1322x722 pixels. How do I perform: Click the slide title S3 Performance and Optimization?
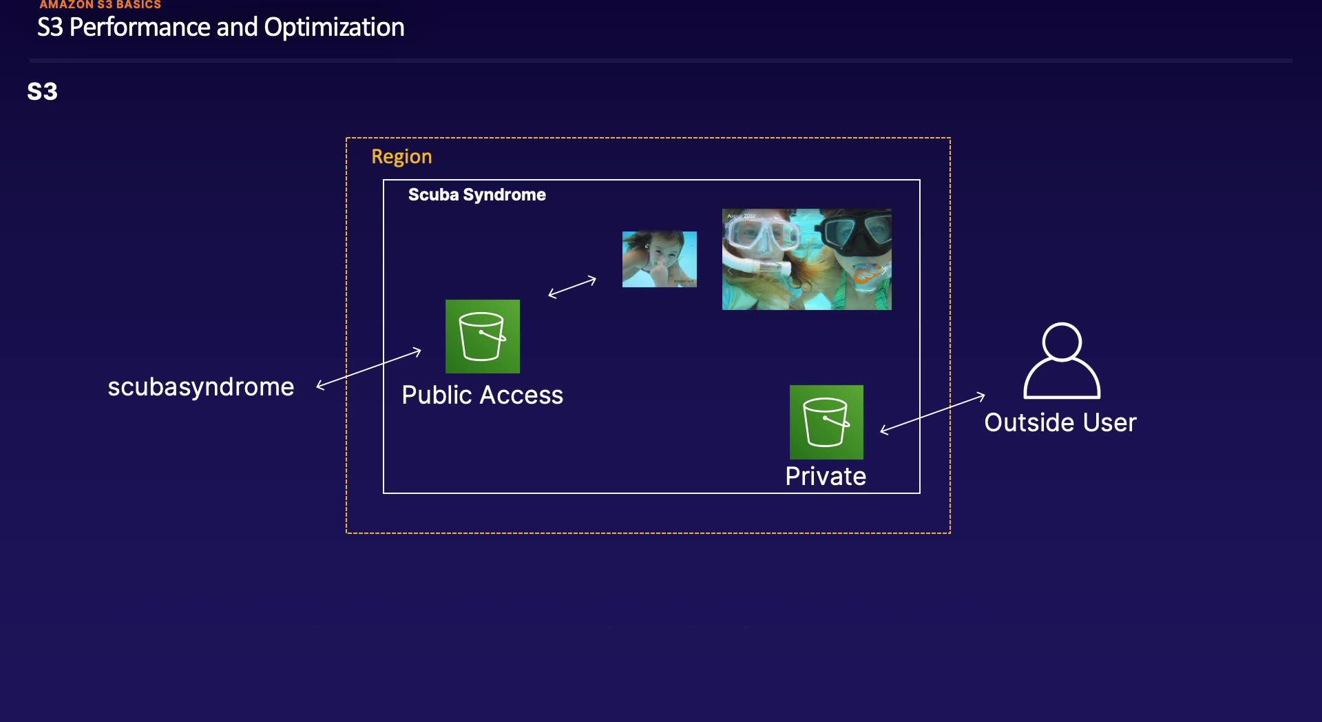tap(220, 28)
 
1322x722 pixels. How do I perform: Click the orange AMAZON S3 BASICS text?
tap(100, 5)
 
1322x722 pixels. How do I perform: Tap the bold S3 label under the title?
tap(42, 92)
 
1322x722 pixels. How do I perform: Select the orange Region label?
tap(401, 156)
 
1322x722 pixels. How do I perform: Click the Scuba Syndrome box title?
tap(476, 194)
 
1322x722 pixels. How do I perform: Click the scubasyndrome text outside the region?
tap(200, 386)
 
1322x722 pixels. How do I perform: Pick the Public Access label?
tap(482, 395)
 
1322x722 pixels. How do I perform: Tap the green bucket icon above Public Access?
tap(482, 336)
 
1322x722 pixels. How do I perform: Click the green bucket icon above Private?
tap(826, 422)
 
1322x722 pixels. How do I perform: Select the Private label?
tap(826, 476)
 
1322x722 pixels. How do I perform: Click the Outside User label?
tap(1060, 422)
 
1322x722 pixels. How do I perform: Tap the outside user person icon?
tap(1062, 360)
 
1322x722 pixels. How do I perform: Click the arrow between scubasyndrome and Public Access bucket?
tap(369, 369)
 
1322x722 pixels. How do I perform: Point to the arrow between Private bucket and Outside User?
tap(932, 413)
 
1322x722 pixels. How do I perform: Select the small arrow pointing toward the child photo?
tap(572, 287)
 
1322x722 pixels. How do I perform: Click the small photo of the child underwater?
tap(660, 259)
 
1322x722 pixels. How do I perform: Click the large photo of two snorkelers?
tap(806, 259)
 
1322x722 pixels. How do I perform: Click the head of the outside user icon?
tap(1062, 341)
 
